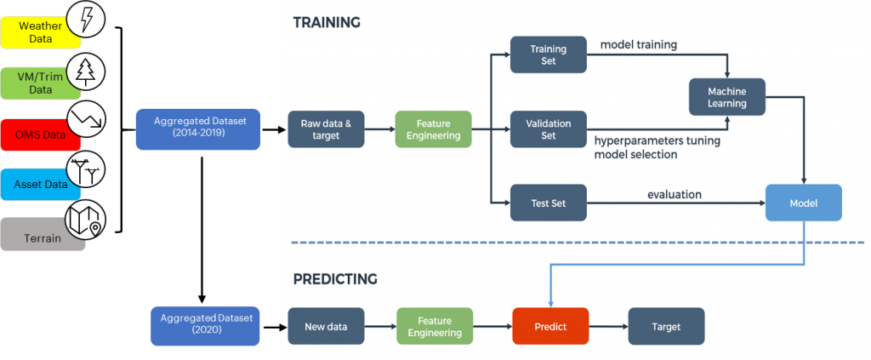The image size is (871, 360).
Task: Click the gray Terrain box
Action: tap(41, 237)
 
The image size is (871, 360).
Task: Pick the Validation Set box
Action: tap(549, 129)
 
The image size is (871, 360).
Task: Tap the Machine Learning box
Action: tap(726, 97)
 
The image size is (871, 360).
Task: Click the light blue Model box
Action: tap(803, 203)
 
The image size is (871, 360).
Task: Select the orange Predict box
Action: tap(550, 326)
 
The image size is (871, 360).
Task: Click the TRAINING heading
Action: tap(327, 22)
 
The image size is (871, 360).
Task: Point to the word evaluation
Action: tap(675, 195)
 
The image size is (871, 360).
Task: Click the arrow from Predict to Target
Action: tap(607, 326)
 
